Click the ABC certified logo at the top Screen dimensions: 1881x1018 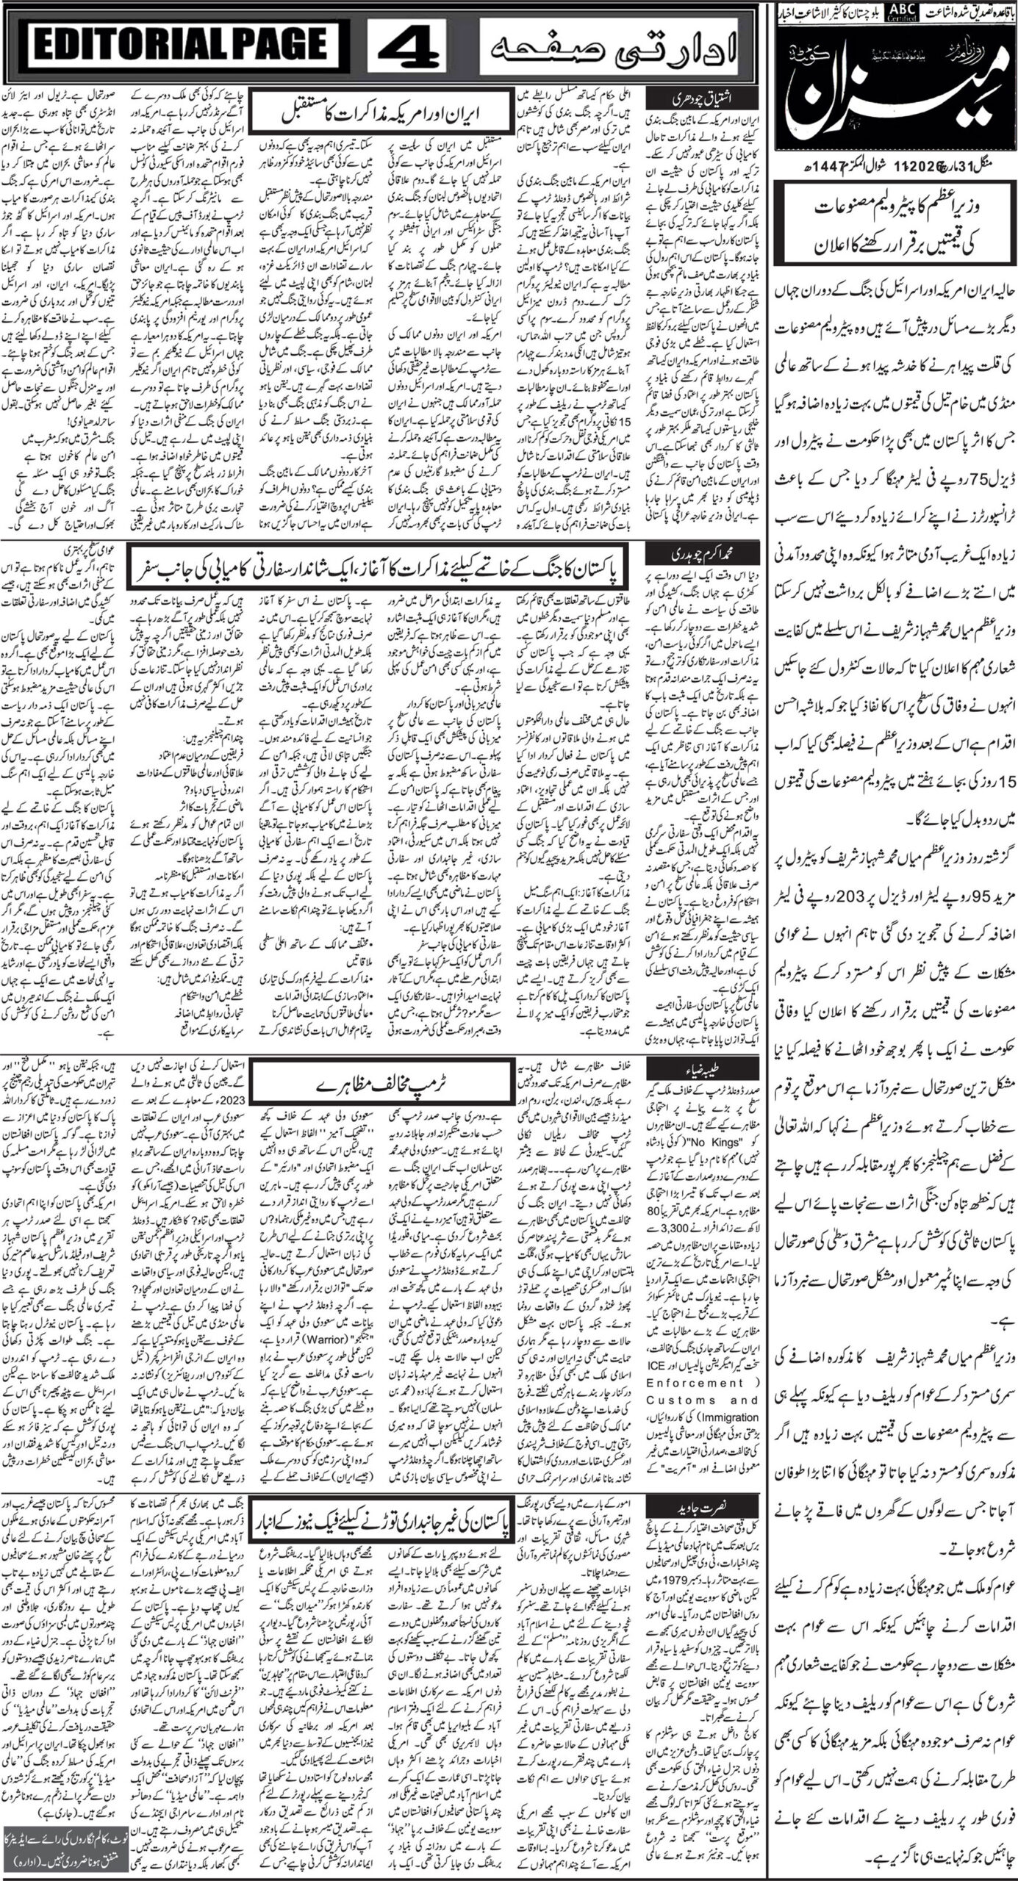pos(900,10)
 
